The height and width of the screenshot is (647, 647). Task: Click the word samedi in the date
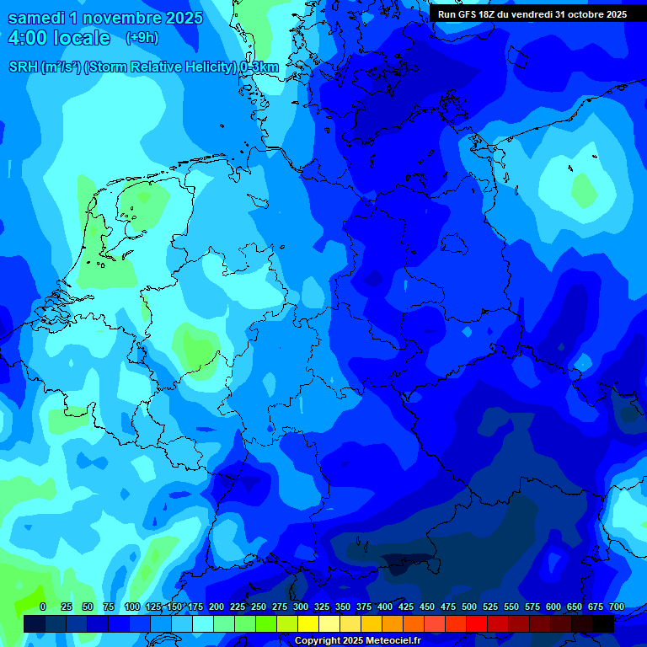coord(37,18)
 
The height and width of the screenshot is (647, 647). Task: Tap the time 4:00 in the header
coord(27,39)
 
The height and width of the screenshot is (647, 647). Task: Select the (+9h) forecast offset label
coord(142,39)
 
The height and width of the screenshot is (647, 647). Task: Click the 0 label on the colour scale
coord(43,607)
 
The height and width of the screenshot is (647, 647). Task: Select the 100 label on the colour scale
coord(132,607)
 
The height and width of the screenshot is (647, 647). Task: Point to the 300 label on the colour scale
coord(301,607)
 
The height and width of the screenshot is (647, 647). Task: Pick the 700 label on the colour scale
coord(617,607)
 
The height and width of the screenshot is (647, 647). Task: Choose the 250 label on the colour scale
coord(259,607)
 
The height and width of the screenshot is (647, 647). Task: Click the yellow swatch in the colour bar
coord(308,623)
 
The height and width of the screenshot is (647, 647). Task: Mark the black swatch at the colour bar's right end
coord(603,623)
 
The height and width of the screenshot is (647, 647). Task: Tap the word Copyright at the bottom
coord(317,641)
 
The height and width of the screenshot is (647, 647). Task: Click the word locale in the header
coord(82,39)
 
